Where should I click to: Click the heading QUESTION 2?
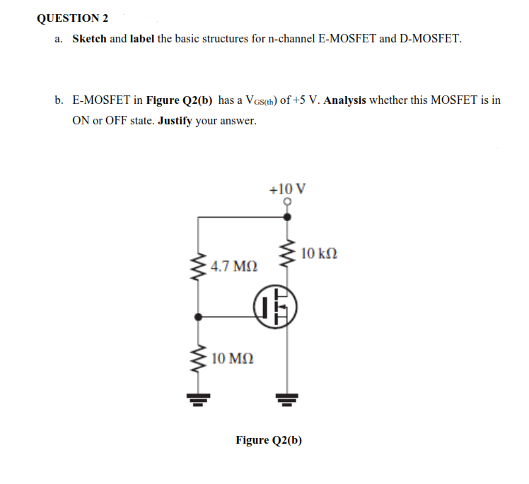coord(68,18)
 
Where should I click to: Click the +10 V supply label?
coord(288,189)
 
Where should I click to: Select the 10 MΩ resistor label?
coord(233,359)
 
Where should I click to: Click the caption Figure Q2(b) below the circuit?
coord(269,440)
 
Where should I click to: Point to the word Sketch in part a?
coord(89,38)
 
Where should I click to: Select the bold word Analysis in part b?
coord(344,100)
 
